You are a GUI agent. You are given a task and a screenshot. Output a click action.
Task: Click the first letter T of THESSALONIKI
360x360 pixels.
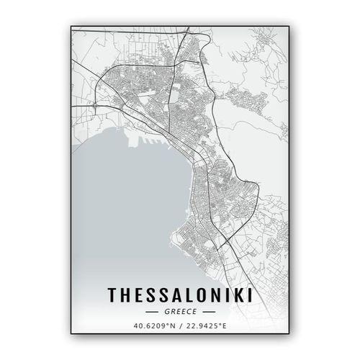[112, 294]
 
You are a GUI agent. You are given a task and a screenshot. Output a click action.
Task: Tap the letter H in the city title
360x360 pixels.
[125, 294]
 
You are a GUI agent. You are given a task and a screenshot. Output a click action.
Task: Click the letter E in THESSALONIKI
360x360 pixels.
[136, 294]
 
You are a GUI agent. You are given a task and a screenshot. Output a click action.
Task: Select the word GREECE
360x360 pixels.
[180, 312]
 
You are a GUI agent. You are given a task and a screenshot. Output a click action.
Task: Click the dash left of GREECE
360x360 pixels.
[152, 312]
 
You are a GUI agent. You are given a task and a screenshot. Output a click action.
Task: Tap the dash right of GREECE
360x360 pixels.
[208, 312]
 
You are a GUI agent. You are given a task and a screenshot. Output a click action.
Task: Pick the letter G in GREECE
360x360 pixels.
[166, 312]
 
